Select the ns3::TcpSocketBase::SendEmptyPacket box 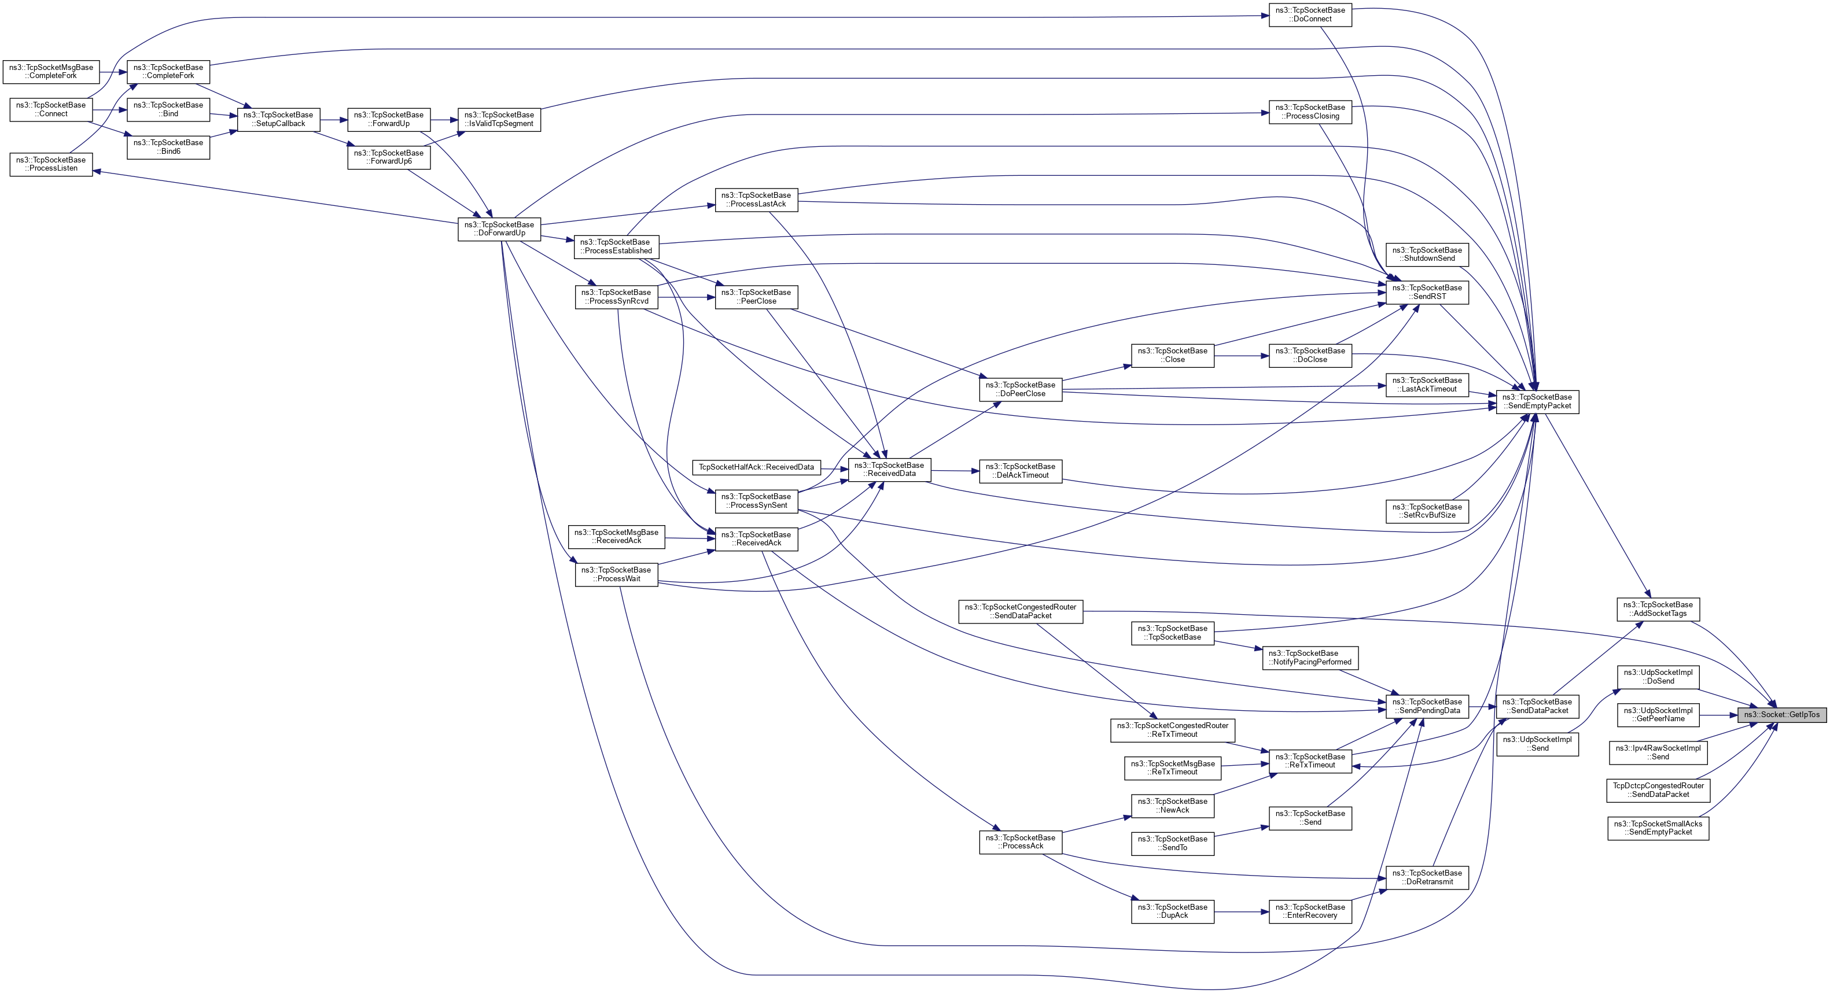(1537, 401)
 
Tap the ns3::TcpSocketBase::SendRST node (1427, 292)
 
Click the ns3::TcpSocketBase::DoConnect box (1309, 14)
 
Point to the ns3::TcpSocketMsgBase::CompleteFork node (50, 72)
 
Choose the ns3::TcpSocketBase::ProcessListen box (50, 164)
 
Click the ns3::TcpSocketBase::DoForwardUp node (499, 228)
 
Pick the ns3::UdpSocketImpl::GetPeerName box (1658, 715)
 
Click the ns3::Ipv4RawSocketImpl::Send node (1658, 752)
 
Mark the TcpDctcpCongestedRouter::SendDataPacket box (1658, 790)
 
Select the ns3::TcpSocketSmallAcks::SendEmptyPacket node (1658, 828)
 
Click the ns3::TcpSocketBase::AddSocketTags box (1658, 609)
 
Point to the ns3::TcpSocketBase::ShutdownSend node (1427, 254)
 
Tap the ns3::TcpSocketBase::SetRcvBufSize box (1427, 511)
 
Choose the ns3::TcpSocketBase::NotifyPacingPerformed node (1309, 657)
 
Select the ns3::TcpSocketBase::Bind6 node (168, 147)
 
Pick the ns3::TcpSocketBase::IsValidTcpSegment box (499, 119)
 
